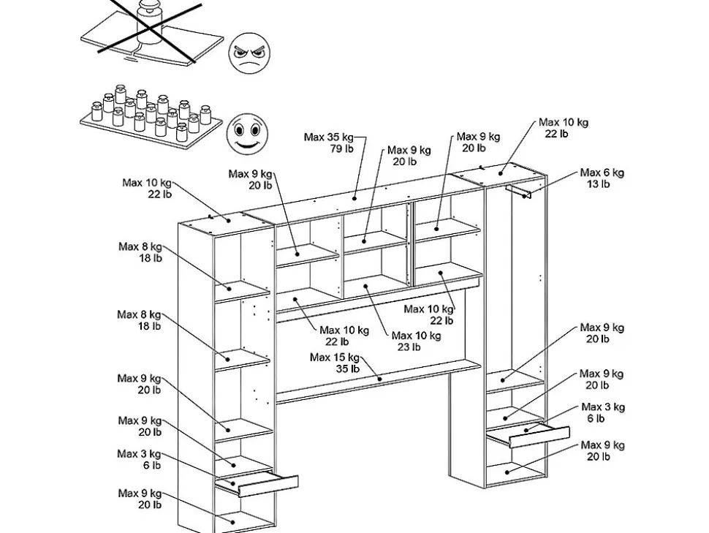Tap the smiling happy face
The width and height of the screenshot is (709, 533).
click(246, 132)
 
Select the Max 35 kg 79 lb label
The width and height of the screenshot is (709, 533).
click(329, 143)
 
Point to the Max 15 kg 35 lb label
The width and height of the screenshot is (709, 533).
click(335, 363)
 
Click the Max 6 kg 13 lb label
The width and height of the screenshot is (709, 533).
click(602, 178)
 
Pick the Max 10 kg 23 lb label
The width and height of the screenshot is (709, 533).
click(416, 341)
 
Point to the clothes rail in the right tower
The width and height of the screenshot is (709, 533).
click(518, 191)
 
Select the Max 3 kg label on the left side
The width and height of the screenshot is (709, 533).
click(140, 459)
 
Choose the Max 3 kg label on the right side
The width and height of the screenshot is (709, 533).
click(603, 412)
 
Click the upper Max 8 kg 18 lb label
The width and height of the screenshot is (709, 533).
click(140, 252)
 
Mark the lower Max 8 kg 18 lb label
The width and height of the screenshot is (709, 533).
click(140, 320)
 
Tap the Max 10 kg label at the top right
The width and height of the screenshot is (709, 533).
click(563, 128)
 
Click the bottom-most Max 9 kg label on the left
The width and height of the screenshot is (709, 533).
click(140, 499)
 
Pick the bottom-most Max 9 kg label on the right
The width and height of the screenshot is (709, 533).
click(602, 450)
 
